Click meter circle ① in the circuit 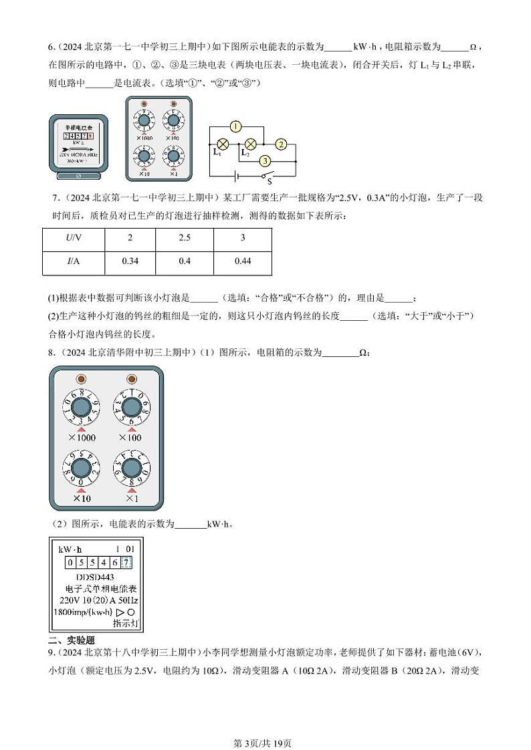click(235, 126)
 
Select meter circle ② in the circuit click(281, 144)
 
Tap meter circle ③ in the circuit click(265, 161)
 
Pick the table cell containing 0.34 click(130, 261)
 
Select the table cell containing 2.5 click(185, 239)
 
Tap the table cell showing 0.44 click(243, 261)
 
